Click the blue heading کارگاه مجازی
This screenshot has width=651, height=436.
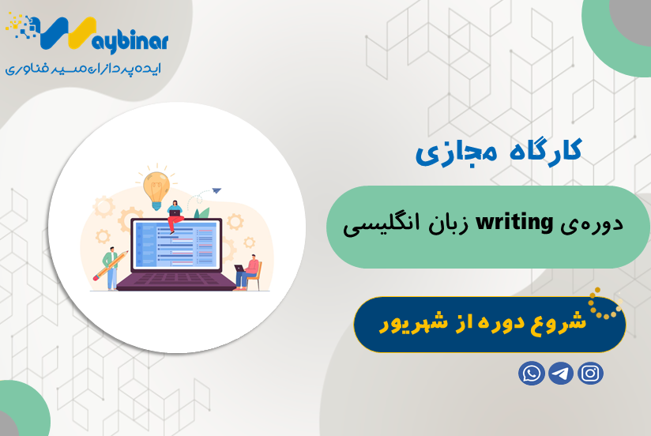coord(498,150)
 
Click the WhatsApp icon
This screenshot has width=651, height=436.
coord(532,372)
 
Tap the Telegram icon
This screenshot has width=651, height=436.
coord(561,372)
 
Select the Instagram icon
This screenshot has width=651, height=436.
coord(590,372)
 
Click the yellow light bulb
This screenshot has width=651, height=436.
coord(156,186)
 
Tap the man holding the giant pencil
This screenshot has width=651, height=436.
coord(113,266)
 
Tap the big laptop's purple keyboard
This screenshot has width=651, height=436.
coord(177,277)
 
